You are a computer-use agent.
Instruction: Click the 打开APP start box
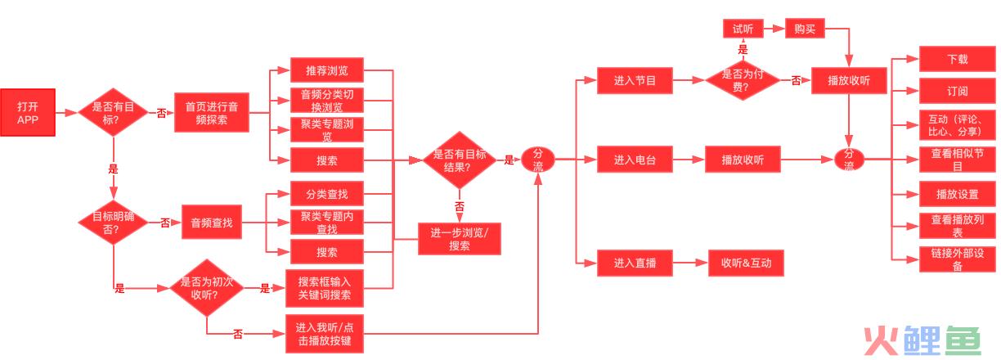pyautogui.click(x=28, y=112)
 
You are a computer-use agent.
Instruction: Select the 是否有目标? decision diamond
pyautogui.click(x=113, y=112)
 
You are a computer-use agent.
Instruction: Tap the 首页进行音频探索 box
pyautogui.click(x=211, y=113)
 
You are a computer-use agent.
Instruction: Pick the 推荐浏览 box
pyautogui.click(x=326, y=70)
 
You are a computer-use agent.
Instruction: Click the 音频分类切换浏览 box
pyautogui.click(x=326, y=100)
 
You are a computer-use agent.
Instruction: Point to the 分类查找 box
pyautogui.click(x=326, y=194)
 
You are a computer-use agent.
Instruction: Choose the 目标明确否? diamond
pyautogui.click(x=113, y=223)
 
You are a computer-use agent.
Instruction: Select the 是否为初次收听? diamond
pyautogui.click(x=206, y=288)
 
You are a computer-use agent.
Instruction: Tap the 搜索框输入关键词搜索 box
pyautogui.click(x=325, y=289)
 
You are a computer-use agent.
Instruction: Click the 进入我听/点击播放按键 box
pyautogui.click(x=325, y=334)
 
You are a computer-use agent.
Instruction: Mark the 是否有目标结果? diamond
pyautogui.click(x=460, y=160)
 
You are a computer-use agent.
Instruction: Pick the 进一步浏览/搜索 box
pyautogui.click(x=460, y=239)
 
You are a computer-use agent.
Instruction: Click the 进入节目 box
pyautogui.click(x=635, y=80)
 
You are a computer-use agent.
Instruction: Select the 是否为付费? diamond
pyautogui.click(x=743, y=80)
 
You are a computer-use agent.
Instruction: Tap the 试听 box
pyautogui.click(x=743, y=29)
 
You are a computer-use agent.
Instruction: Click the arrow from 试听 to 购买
pyautogui.click(x=774, y=29)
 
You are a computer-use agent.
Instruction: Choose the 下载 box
pyautogui.click(x=957, y=59)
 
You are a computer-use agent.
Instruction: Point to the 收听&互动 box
pyautogui.click(x=746, y=263)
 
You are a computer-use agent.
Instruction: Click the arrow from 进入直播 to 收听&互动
pyautogui.click(x=690, y=263)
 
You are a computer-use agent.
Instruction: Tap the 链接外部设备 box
pyautogui.click(x=957, y=259)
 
